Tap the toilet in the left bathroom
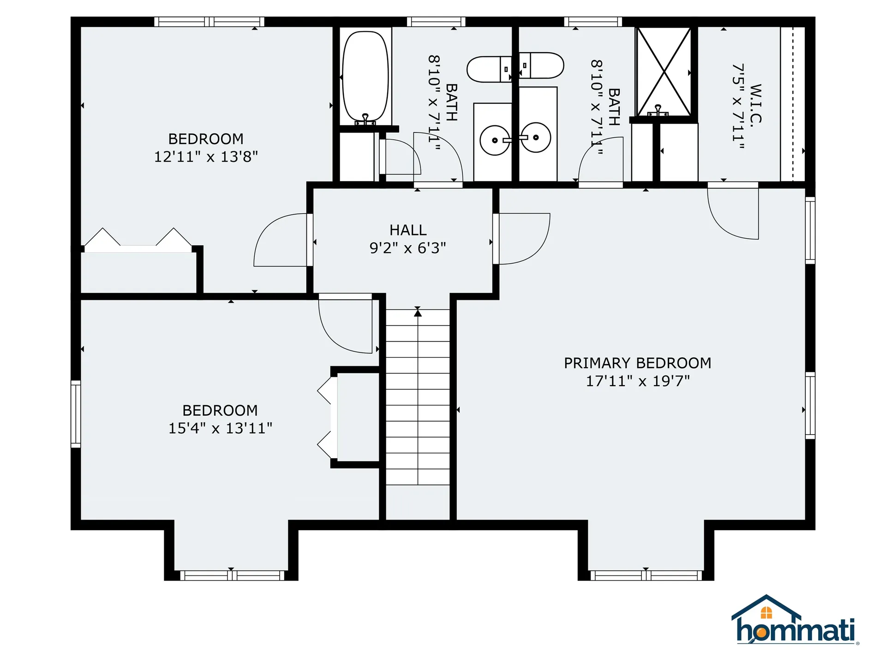489,69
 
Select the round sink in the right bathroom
536,137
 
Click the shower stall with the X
664,72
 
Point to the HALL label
408,230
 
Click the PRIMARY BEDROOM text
637,363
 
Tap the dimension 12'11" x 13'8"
206,157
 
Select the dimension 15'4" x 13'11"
220,428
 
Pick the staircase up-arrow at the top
418,313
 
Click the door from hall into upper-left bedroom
281,240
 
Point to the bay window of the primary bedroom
646,575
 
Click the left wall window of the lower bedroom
76,414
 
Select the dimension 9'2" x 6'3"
408,248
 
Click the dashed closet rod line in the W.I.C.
793,104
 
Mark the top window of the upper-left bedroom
209,22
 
